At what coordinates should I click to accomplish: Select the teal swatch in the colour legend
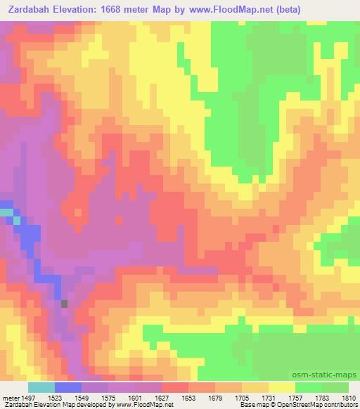tap(41, 387)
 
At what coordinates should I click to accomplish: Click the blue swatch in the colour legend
tap(68, 387)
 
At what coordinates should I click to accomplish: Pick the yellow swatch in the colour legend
tap(282, 387)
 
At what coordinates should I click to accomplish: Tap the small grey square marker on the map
tap(64, 304)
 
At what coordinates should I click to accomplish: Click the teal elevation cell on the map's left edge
tap(6, 212)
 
